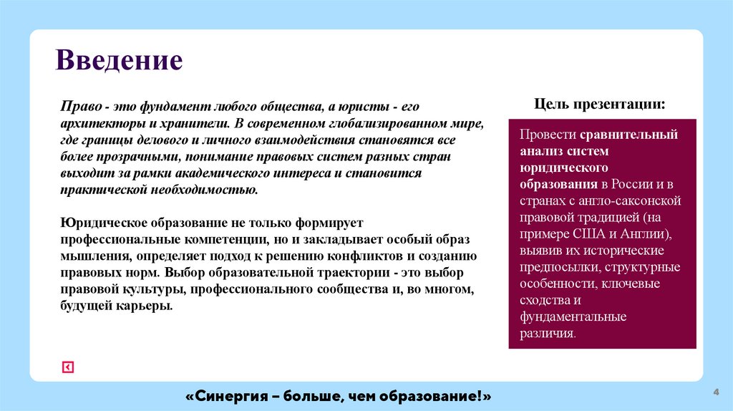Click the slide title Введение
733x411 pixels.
pos(120,60)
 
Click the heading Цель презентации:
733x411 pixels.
pos(600,104)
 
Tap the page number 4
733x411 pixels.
pos(716,392)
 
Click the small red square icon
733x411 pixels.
pos(67,367)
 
